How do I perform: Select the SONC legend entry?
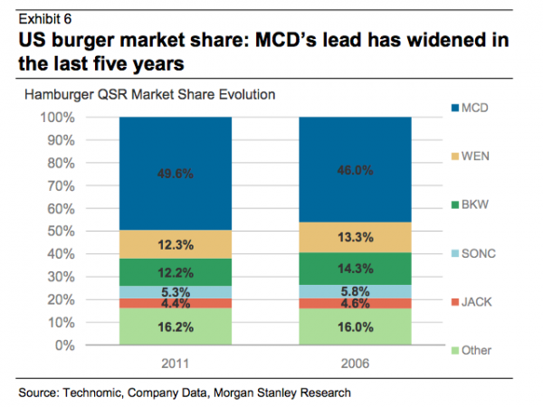[479, 254]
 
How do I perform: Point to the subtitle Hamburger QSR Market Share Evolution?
[149, 95]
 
